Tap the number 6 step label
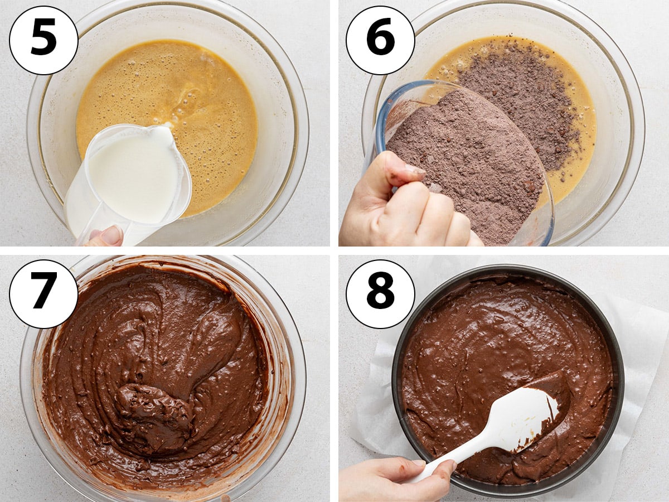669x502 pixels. click(x=380, y=40)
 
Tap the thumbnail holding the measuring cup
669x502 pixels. click(x=111, y=235)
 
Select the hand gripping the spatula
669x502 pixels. click(x=396, y=479)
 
